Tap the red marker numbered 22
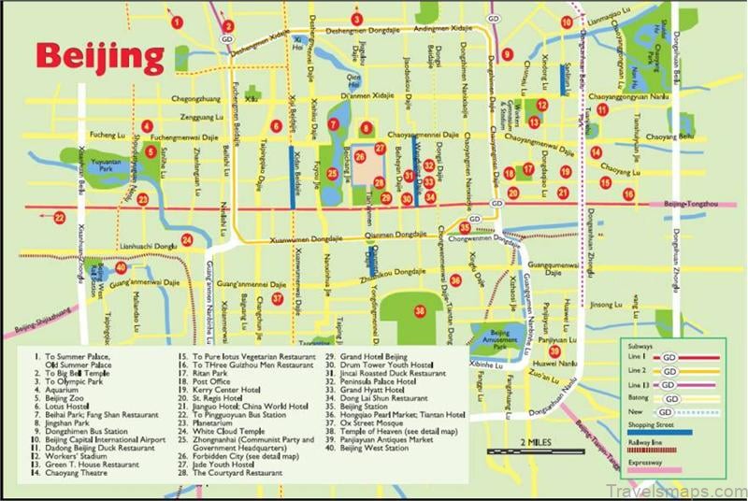59,218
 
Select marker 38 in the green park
420,310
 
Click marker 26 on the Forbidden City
360,157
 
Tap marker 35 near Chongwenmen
465,227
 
